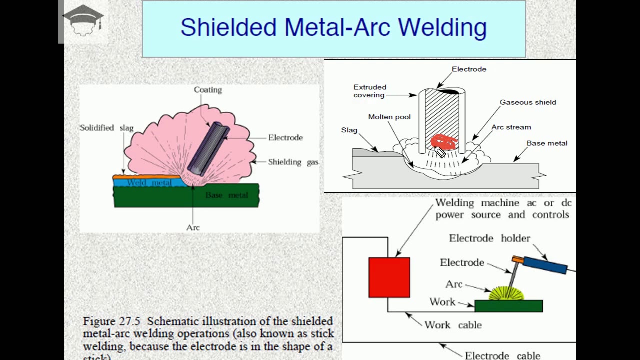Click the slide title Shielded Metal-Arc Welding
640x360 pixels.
coord(333,27)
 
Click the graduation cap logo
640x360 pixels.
coord(83,20)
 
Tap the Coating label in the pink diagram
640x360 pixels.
coord(208,90)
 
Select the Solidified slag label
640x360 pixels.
coord(106,128)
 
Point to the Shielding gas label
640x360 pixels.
coord(293,162)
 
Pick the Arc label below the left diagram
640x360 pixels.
coord(193,228)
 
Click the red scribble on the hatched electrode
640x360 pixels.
coord(443,142)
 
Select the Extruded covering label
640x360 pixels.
coord(370,91)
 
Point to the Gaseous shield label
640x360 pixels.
coord(528,102)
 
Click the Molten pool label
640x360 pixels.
coord(389,117)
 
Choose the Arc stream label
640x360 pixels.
coord(511,127)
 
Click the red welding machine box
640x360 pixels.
coord(389,277)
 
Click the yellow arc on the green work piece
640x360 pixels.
coord(506,294)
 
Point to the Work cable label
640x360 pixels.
coord(453,325)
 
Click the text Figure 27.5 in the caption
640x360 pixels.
coord(112,321)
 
